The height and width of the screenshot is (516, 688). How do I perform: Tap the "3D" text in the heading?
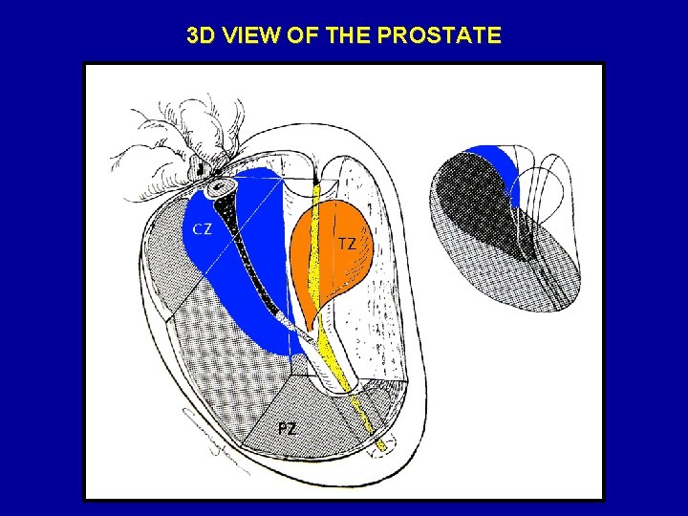pyautogui.click(x=201, y=36)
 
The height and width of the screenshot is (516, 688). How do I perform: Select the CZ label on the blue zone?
pyautogui.click(x=202, y=228)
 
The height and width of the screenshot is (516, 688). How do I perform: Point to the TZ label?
pyautogui.click(x=348, y=244)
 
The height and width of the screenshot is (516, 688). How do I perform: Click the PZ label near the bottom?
pyautogui.click(x=287, y=428)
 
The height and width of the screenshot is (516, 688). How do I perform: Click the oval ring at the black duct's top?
pyautogui.click(x=224, y=183)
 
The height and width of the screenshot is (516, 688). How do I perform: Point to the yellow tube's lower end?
pyautogui.click(x=381, y=443)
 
